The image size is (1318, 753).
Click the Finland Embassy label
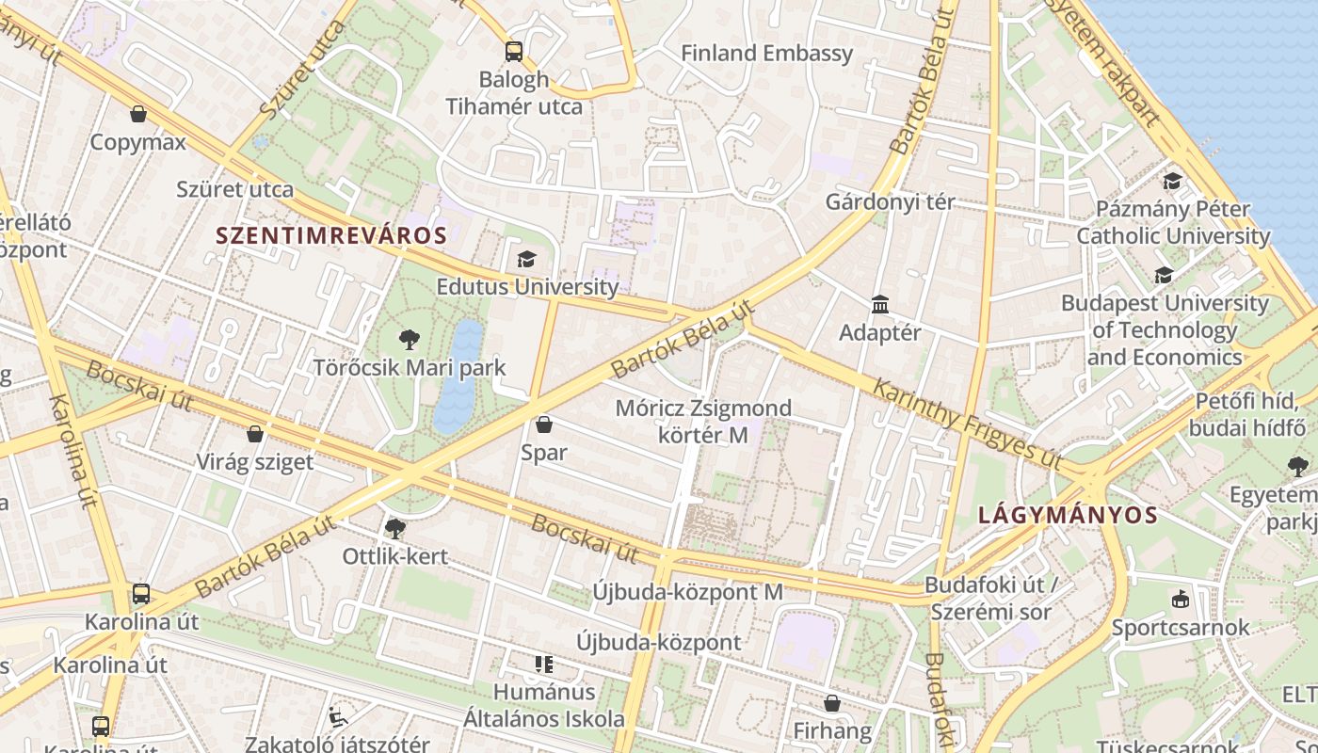tap(766, 54)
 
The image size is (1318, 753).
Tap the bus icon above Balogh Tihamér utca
tap(514, 52)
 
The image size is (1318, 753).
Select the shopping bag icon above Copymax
tap(138, 114)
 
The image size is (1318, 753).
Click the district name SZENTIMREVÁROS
tap(331, 235)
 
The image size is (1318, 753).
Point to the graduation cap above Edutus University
tap(526, 259)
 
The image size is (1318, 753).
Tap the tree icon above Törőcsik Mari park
tap(410, 339)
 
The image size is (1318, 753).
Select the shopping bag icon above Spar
tap(543, 425)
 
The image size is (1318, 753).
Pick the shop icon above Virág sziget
tap(254, 434)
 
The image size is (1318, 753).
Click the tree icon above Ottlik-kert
tap(395, 528)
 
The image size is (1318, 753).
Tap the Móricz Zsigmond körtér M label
tap(703, 422)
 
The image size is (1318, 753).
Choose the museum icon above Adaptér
tap(880, 304)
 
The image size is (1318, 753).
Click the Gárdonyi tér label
tap(890, 201)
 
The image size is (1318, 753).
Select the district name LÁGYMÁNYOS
tap(1068, 515)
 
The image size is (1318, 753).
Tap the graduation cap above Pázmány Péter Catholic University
tap(1172, 181)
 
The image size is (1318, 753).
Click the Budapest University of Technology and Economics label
tap(1165, 330)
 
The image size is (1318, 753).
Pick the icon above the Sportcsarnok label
tap(1180, 599)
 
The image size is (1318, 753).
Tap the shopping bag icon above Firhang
tap(832, 703)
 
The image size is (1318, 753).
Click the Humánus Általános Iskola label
tap(544, 705)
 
